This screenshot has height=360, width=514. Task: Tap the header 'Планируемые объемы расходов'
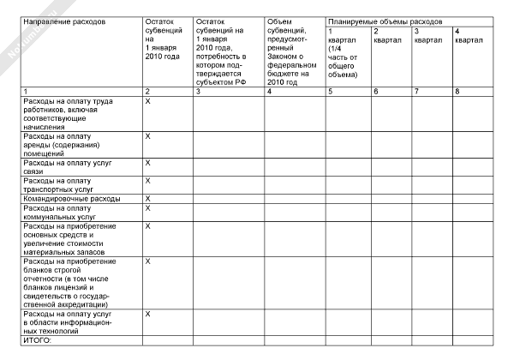coord(385,20)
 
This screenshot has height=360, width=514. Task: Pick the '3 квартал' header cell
coord(426,36)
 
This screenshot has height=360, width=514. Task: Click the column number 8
coord(457,91)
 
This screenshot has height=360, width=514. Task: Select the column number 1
coord(25,91)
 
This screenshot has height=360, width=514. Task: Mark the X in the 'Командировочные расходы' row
coord(148,199)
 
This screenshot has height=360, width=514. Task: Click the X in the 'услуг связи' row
coord(148,162)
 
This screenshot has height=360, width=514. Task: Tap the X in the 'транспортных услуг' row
coord(148,180)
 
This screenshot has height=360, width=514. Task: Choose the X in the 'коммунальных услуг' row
coord(148,208)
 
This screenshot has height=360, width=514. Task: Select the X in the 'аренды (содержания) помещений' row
coord(148,136)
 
